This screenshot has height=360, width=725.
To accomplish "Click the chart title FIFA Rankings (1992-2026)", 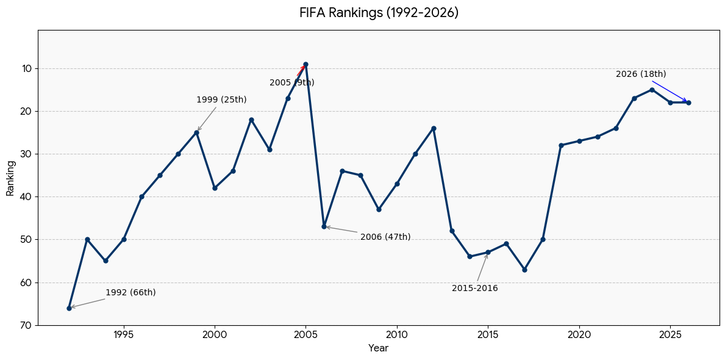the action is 379,12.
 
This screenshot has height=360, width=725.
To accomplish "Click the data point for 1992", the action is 69,308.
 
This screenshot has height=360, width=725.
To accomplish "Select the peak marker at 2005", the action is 305,64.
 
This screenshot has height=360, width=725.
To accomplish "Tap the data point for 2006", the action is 324,227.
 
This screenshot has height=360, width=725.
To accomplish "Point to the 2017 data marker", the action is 524,270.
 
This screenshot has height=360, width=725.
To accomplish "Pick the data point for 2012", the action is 434,128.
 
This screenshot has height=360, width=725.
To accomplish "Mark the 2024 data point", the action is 652,90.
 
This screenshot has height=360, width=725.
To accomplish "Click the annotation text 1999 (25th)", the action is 221,99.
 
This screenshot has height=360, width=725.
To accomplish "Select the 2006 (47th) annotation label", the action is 385,237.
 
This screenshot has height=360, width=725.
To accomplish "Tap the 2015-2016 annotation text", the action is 475,288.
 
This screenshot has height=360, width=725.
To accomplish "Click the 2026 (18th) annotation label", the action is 641,74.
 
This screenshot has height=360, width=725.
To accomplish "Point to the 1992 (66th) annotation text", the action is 131,292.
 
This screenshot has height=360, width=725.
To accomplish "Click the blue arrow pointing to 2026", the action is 670,92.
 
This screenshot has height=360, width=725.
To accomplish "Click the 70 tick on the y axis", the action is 26,325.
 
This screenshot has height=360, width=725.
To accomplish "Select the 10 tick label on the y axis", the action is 26,68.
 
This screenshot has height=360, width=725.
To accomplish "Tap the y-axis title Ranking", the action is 10,178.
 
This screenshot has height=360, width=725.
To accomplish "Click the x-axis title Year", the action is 378,348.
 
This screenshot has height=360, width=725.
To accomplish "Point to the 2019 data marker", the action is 561,145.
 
